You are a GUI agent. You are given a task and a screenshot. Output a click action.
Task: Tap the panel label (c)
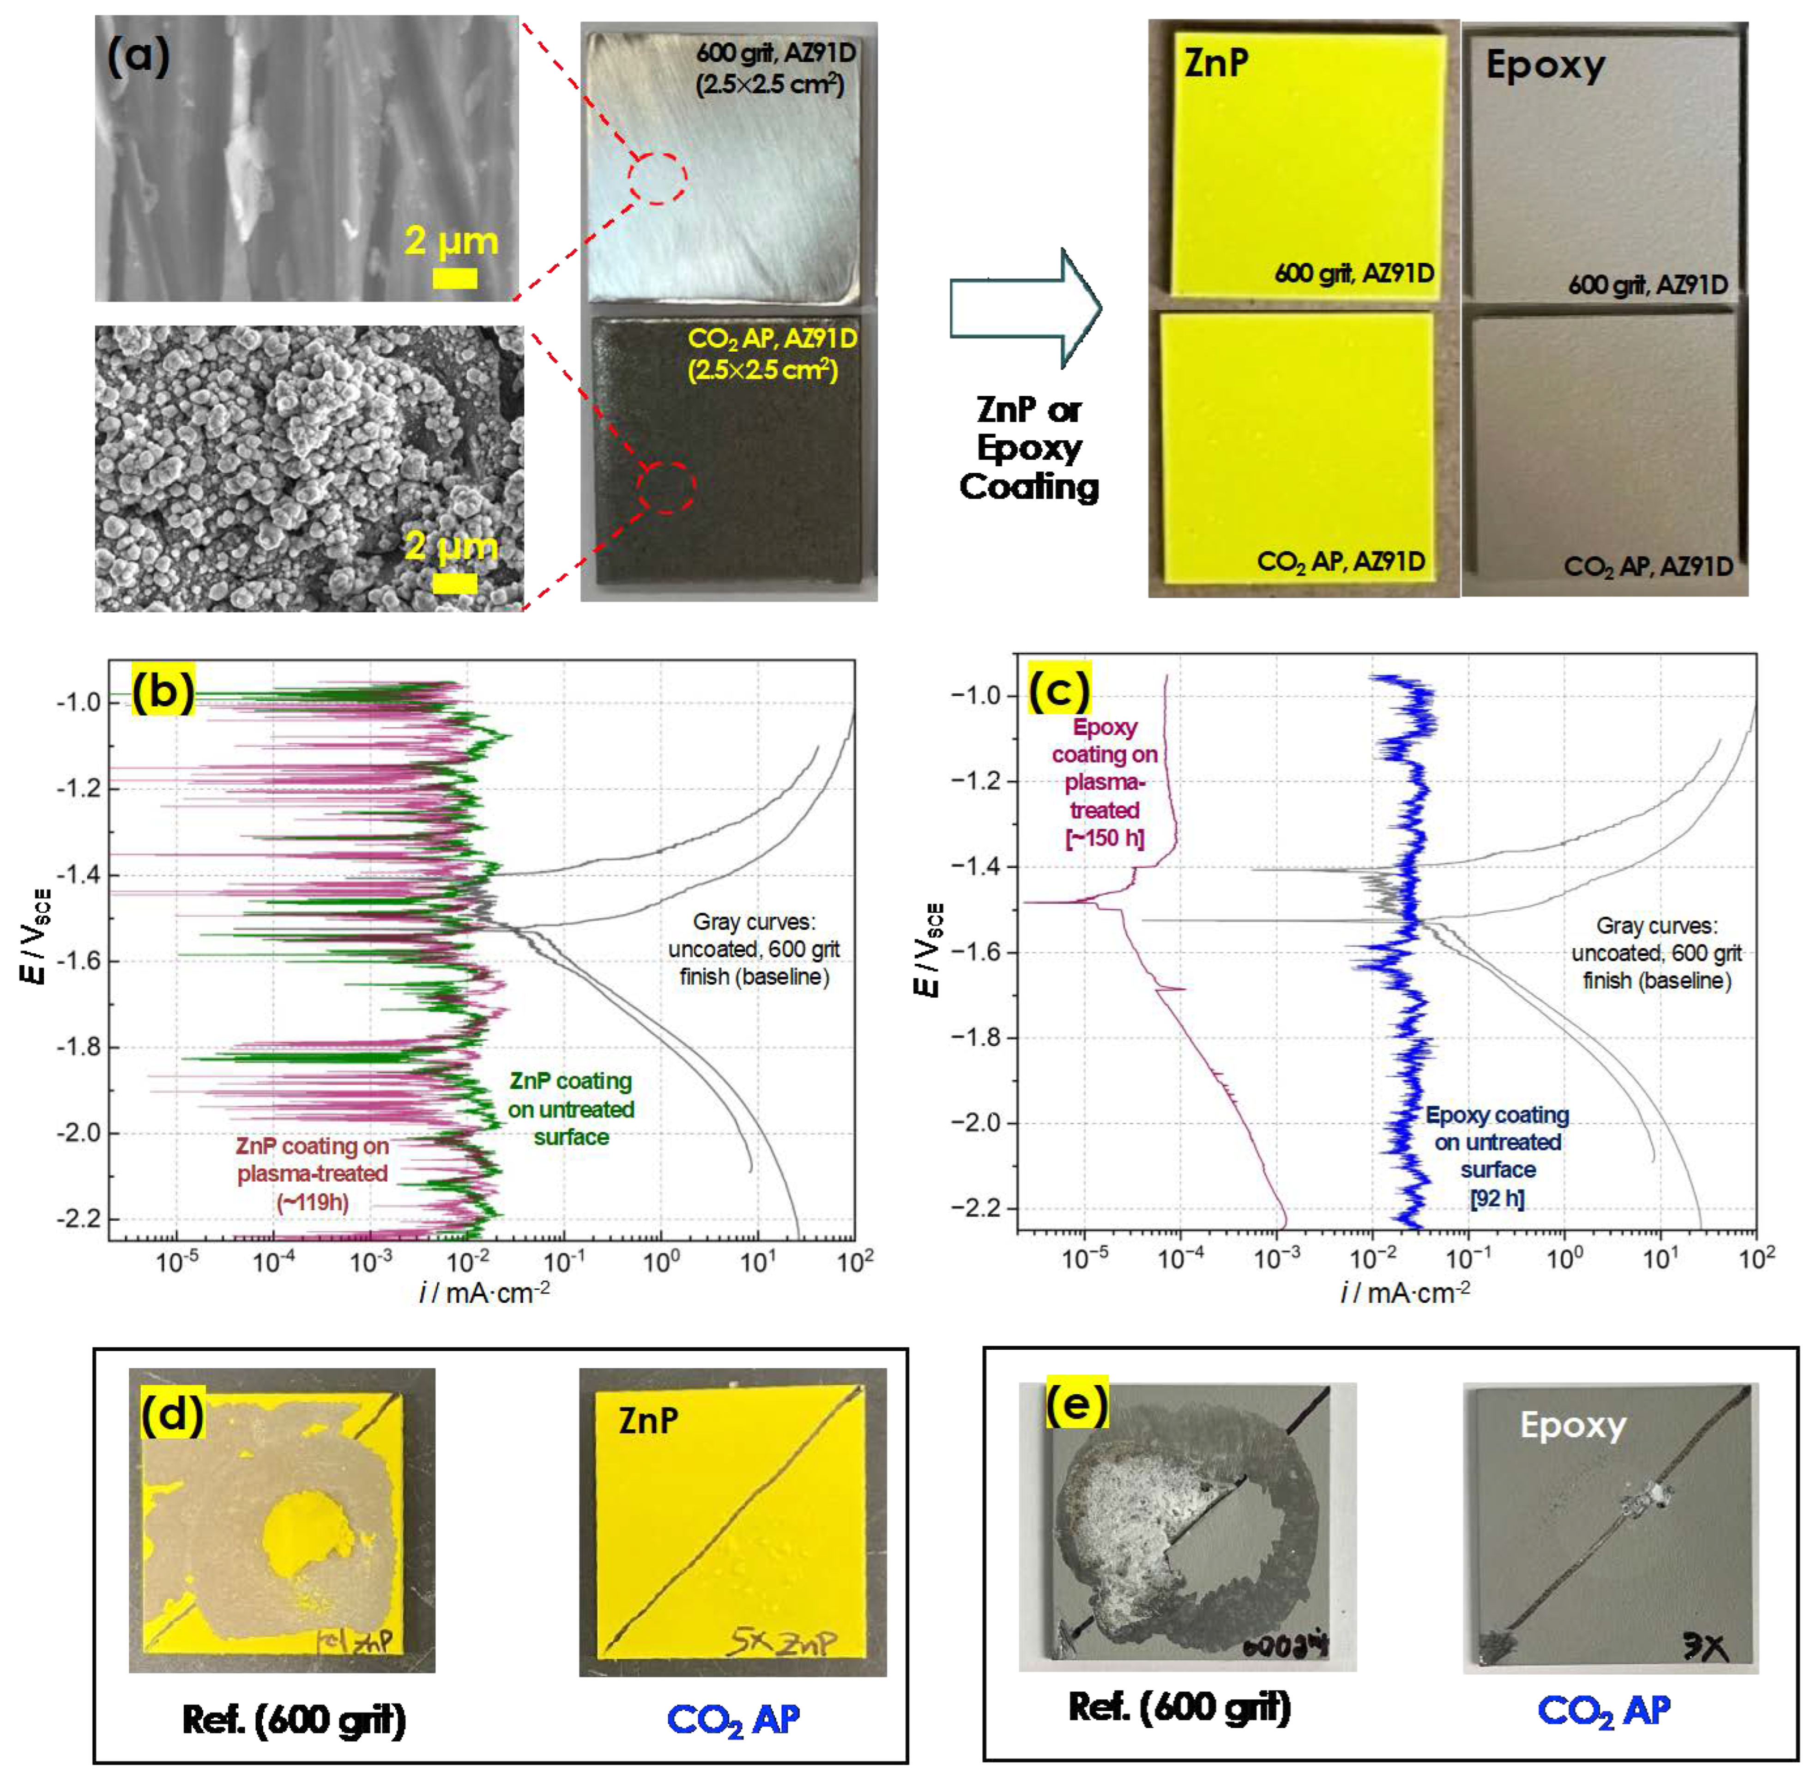tap(1059, 689)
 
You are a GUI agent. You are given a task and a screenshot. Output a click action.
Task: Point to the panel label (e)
tap(1076, 1402)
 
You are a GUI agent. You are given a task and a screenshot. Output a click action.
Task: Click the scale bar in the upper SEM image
tap(454, 277)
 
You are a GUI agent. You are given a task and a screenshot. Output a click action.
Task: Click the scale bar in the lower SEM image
tap(454, 583)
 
